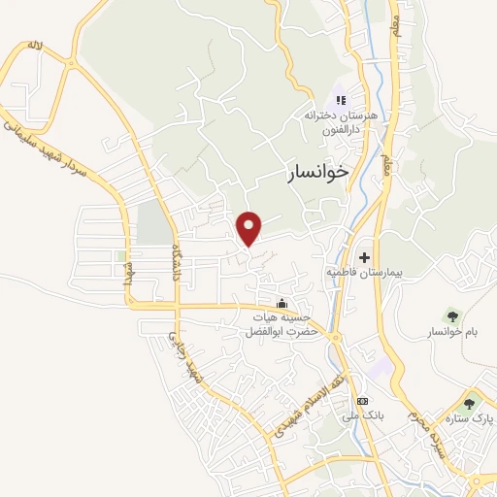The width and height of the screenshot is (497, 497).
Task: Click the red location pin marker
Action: (250, 227)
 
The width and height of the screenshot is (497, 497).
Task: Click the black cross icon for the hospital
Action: (364, 257)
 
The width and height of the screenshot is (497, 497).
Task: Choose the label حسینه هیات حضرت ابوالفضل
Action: (282, 323)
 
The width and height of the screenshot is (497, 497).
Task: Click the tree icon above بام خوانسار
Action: (452, 315)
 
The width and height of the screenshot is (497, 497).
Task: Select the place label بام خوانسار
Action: (452, 333)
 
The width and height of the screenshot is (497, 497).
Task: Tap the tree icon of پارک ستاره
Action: (471, 403)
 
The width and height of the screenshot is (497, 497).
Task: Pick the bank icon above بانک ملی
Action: (362, 401)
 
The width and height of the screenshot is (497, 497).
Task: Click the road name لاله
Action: (36, 46)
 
